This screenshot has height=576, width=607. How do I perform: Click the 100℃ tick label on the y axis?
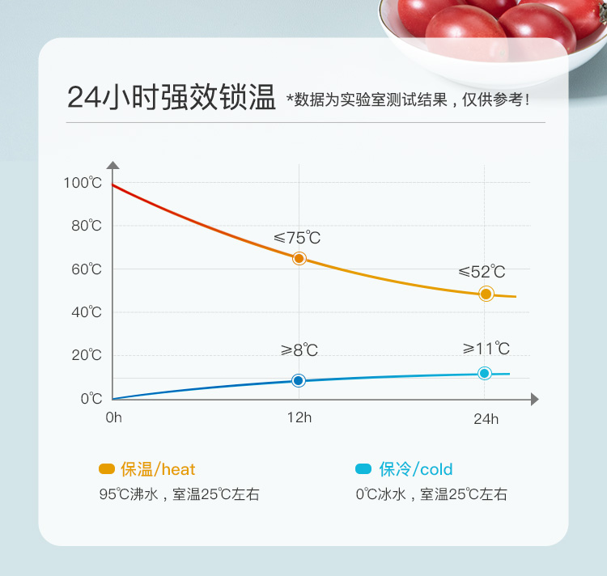click(x=83, y=183)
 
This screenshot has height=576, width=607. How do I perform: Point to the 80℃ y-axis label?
click(x=86, y=226)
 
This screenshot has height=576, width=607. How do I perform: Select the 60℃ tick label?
click(x=86, y=269)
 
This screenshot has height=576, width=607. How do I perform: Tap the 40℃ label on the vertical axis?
click(x=86, y=312)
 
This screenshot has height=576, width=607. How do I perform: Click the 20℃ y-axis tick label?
click(x=86, y=355)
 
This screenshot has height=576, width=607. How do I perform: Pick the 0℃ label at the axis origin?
click(x=91, y=399)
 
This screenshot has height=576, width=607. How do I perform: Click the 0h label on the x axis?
click(x=113, y=417)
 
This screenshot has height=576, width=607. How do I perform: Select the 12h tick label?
click(x=299, y=417)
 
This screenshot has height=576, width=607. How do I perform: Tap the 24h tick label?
click(x=486, y=418)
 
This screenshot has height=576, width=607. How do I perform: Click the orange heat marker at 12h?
click(x=299, y=259)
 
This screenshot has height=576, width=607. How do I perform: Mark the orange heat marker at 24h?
click(x=486, y=294)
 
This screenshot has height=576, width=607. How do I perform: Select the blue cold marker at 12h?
click(x=299, y=380)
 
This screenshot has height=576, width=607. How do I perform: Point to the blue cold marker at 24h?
click(x=485, y=373)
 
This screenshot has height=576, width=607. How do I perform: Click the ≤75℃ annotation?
click(x=297, y=238)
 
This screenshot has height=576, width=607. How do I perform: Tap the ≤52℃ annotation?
click(x=482, y=271)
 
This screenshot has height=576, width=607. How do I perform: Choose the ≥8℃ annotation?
click(x=299, y=350)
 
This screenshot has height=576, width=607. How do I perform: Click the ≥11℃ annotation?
click(x=486, y=349)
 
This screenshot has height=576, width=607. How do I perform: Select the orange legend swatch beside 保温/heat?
click(x=106, y=469)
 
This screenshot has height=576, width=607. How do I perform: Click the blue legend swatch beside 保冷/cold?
click(x=363, y=469)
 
